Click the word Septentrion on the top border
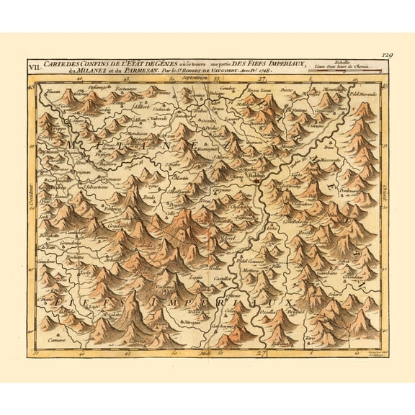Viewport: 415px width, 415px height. [x=204, y=79]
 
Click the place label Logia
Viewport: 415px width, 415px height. [x=195, y=276]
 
